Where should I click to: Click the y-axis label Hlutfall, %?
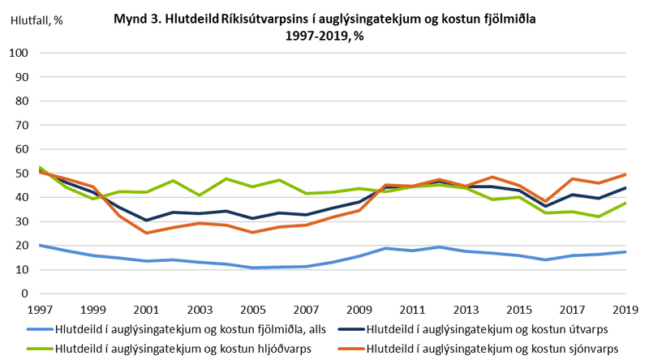pos(36,22)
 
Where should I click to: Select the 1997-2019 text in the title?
pos(316,36)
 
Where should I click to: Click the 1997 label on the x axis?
pos(41,309)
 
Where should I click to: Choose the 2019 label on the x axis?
pos(624,309)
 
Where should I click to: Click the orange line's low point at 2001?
pos(147,233)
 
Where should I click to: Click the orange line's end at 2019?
pos(624,174)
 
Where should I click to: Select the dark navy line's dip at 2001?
pos(147,220)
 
